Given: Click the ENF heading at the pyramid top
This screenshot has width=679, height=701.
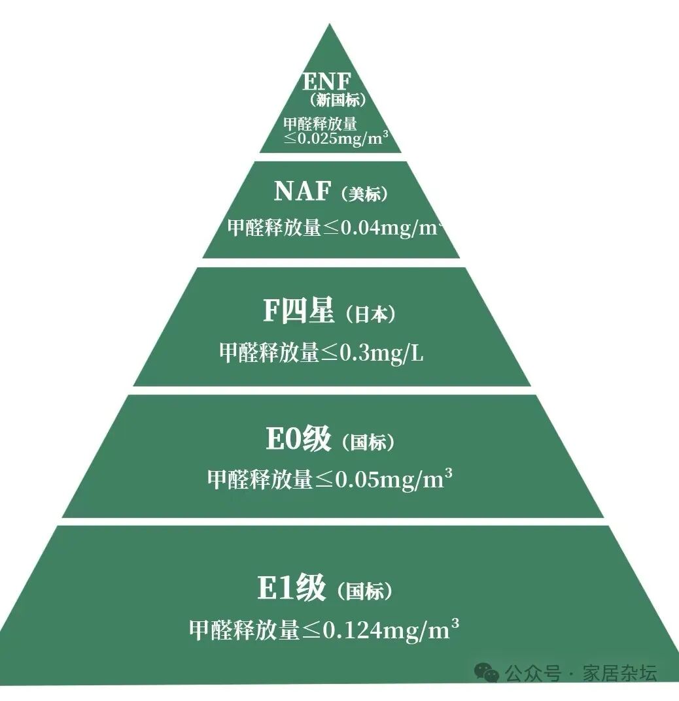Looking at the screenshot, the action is [327, 82].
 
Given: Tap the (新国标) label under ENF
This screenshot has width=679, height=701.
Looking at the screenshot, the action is [338, 100].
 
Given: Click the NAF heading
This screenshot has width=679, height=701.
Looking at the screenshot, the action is [302, 191].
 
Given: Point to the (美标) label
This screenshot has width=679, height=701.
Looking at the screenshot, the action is [365, 194].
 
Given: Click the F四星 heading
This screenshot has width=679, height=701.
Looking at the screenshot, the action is [299, 311].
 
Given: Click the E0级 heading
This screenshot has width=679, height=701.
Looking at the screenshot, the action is [298, 440].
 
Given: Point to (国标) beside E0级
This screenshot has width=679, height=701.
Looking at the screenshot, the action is [368, 443].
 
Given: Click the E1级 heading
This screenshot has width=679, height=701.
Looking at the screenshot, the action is [292, 589].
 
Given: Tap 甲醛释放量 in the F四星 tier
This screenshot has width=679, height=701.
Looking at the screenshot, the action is [269, 353].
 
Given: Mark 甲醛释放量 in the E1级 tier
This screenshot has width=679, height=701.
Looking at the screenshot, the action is [244, 630].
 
